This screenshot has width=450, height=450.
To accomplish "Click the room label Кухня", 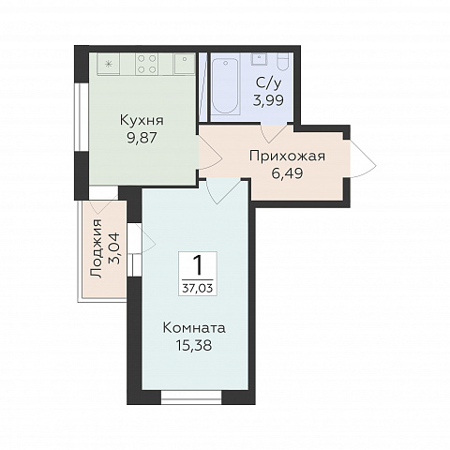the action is [142, 120].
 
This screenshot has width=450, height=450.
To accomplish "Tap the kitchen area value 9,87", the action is [142, 138].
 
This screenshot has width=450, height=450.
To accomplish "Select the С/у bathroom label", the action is [269, 82].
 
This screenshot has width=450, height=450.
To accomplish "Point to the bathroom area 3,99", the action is [268, 100].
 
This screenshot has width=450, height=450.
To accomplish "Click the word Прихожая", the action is [287, 156].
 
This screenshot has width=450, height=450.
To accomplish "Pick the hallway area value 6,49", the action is [287, 173].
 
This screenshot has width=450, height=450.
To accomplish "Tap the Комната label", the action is [194, 328].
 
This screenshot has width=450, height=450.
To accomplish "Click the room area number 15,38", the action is [194, 346].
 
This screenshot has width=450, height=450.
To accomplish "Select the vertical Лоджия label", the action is [97, 248].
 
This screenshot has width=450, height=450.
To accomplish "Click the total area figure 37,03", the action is [198, 288].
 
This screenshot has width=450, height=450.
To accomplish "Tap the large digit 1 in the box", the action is [198, 265].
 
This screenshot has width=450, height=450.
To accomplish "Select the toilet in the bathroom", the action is [284, 63].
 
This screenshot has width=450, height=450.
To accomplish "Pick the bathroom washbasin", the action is [259, 59].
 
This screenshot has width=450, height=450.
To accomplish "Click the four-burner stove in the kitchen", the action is [146, 64].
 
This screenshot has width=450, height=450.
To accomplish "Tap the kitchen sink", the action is [185, 64].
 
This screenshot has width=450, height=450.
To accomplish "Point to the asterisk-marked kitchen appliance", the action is [109, 64].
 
